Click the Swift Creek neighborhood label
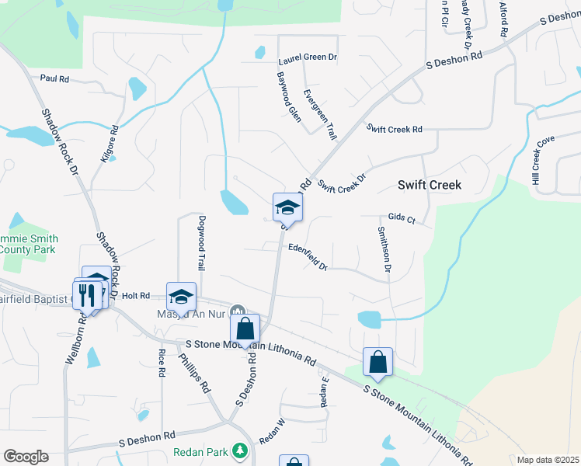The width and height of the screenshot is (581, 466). click(x=430, y=185)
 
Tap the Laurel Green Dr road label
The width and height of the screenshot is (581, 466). click(x=308, y=57)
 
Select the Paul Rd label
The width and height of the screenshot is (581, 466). click(x=54, y=78)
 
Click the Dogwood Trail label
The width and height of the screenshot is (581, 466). click(x=201, y=242)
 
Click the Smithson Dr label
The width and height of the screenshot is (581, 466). click(x=383, y=249)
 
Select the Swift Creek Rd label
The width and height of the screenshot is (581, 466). click(x=395, y=129)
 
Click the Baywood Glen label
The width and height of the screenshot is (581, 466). click(x=289, y=97)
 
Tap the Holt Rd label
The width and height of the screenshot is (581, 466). click(x=135, y=295)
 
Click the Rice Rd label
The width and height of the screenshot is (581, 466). click(x=162, y=363)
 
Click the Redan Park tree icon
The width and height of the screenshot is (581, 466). click(x=240, y=450)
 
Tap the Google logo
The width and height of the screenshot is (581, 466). click(x=26, y=457)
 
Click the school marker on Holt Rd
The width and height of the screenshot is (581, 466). click(x=181, y=296)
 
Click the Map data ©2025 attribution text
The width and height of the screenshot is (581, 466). click(x=548, y=460)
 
